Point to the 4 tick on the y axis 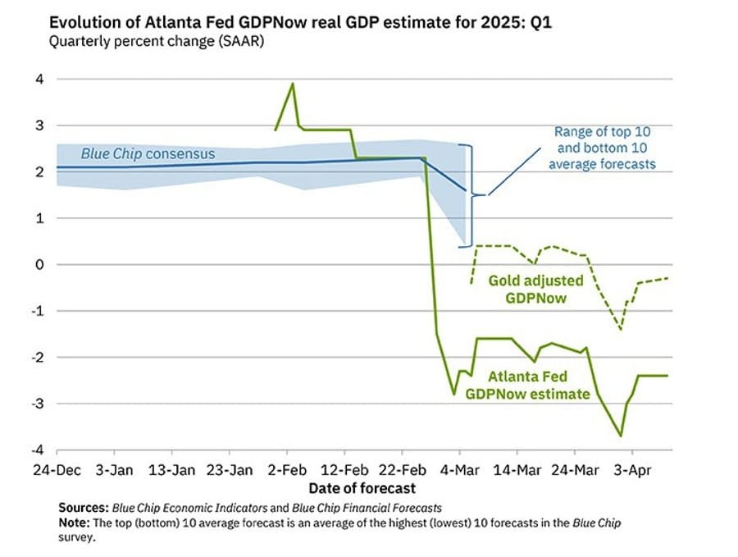pos(38,79)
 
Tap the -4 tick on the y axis pos(36,450)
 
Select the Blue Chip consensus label pos(148,153)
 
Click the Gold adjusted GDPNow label pos(536,289)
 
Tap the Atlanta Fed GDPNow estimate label pos(526,386)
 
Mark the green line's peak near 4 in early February pos(293,84)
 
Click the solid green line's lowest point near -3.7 pos(621,436)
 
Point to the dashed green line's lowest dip pos(621,329)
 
